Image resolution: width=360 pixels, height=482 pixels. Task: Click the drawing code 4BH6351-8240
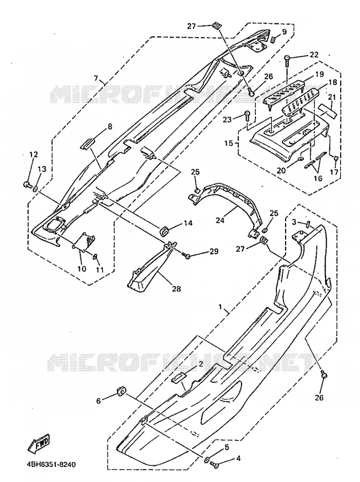[49, 464]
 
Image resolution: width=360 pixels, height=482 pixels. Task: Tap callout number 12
[34, 154]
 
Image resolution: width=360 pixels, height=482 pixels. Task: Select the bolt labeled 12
[27, 184]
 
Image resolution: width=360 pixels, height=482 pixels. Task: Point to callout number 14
[189, 223]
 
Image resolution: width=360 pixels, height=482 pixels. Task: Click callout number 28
[177, 289]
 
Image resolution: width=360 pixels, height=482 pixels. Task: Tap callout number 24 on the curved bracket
[220, 220]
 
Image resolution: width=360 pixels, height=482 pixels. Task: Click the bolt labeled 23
[247, 116]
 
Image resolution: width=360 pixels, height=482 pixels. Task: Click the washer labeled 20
[300, 159]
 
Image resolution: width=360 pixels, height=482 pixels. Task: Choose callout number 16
[318, 178]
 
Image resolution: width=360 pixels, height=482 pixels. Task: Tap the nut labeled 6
[121, 391]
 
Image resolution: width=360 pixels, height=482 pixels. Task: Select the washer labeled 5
[207, 460]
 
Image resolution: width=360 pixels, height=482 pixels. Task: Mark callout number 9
[284, 32]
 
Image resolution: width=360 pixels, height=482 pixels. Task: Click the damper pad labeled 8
[87, 143]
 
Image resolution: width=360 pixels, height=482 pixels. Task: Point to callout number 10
[81, 269]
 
